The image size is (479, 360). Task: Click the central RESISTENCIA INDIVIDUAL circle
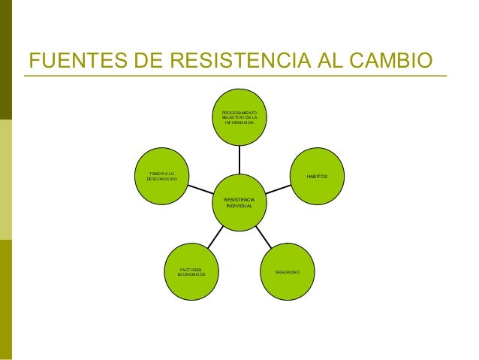point(240,202)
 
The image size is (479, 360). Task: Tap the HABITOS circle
point(317,176)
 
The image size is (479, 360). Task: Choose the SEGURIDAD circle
point(288,270)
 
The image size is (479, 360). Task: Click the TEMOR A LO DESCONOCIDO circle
point(161,177)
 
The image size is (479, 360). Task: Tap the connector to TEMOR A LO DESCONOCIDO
point(200,189)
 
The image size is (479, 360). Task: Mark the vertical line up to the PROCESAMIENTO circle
point(239,160)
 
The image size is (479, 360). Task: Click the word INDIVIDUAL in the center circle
point(240,206)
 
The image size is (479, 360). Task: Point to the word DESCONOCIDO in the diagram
point(161,180)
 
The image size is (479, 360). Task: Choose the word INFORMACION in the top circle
point(239,123)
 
